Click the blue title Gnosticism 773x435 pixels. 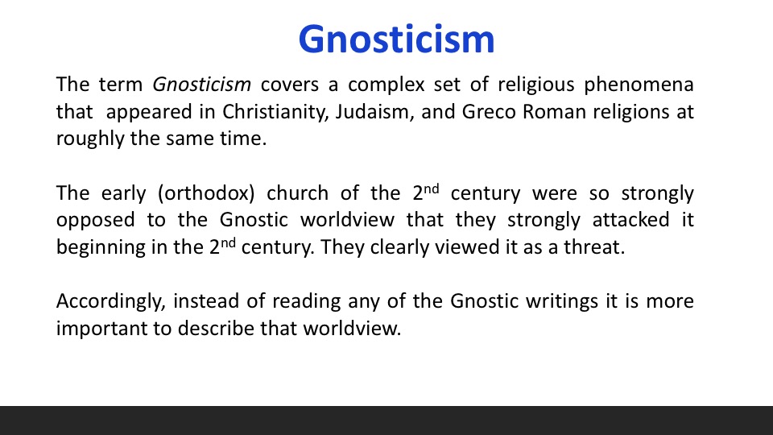pos(396,39)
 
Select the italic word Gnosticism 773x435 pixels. pos(201,85)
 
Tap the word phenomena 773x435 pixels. pos(639,85)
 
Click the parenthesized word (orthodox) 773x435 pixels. pos(206,193)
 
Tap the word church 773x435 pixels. pos(297,193)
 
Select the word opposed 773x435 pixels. pos(95,221)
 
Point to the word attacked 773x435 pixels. pos(630,220)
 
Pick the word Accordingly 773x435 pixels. pos(111,302)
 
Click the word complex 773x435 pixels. pos(386,85)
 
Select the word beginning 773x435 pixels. pos(101,247)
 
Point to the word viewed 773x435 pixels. pos(467,247)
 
